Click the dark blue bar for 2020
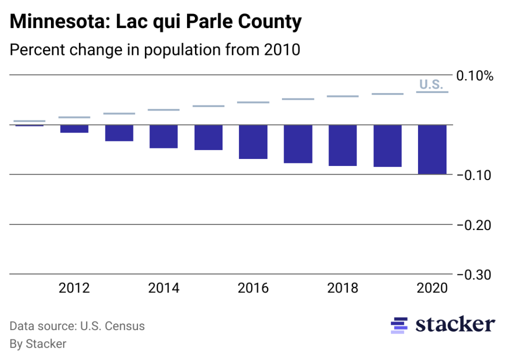click(432, 149)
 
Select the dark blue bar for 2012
click(74, 129)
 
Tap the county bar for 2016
click(253, 142)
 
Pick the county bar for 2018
click(342, 145)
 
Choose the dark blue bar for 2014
click(163, 136)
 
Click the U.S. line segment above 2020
click(432, 92)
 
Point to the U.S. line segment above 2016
click(253, 102)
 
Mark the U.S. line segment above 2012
click(74, 117)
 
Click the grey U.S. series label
click(430, 84)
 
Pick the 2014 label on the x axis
click(163, 288)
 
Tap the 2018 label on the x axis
click(342, 288)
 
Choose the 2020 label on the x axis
click(432, 288)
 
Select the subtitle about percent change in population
click(154, 50)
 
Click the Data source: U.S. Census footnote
click(77, 326)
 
